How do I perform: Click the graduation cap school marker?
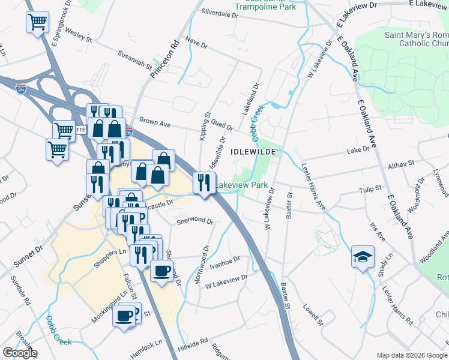point(363,257)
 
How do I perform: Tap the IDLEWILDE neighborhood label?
point(252,152)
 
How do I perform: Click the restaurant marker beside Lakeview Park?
point(204,181)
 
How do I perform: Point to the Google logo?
point(19,353)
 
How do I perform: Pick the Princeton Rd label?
point(174,57)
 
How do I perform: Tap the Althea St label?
point(402,163)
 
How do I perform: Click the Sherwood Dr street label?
point(195,221)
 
